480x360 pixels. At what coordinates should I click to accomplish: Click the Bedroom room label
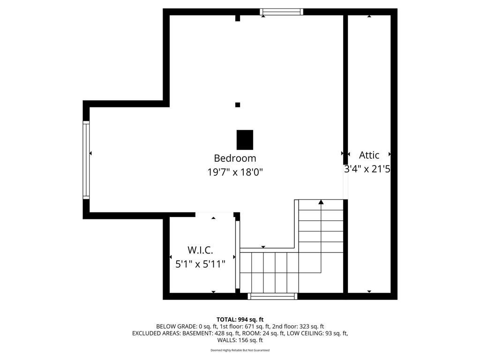coord(235,158)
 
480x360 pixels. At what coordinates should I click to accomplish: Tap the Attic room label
coord(369,155)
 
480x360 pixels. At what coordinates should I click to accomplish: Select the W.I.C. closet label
coord(200,250)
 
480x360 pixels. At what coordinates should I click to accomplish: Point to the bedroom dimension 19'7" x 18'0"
coord(235,172)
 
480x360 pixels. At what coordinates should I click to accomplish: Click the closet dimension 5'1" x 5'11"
coord(200,264)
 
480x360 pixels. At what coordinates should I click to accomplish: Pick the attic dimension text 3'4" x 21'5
coord(367,169)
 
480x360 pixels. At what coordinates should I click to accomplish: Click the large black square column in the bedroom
coord(245,139)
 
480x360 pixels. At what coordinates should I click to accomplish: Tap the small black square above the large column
coord(238,105)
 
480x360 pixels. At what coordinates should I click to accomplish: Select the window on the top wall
coord(282,12)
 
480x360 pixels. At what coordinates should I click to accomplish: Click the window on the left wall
coord(86,160)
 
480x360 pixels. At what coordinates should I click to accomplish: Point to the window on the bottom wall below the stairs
coord(272,296)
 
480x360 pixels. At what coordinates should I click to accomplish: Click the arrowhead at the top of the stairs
coord(321,202)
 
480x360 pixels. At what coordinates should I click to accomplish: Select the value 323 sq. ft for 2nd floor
coord(309,327)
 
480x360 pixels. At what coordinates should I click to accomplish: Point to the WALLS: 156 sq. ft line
coord(240,340)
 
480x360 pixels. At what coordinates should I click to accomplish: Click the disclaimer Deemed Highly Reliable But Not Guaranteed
coord(240,350)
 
